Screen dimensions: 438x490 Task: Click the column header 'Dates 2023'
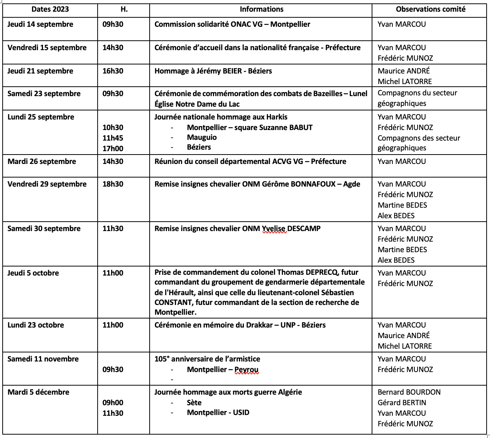50,9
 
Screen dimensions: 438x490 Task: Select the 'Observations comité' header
430,9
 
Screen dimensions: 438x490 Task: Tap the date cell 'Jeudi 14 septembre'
40,25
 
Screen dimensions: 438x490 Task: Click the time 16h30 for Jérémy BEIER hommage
113,71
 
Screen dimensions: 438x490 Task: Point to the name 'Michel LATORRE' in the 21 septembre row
405,81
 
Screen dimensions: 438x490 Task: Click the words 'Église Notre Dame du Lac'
197,104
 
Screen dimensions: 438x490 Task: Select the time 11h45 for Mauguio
113,138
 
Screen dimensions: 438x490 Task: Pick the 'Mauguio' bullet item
202,137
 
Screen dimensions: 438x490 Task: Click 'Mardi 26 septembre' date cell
42,162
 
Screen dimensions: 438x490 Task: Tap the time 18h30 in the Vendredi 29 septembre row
113,184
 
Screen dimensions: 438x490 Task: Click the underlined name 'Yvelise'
274,229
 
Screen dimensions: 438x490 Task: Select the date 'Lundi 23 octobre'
36,325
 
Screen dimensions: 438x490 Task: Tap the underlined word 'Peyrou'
247,370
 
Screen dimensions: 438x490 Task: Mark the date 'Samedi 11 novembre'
43,359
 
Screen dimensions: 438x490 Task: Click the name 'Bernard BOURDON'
409,392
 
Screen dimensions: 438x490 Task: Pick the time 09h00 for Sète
113,403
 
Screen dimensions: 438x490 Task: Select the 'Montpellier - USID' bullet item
218,413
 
